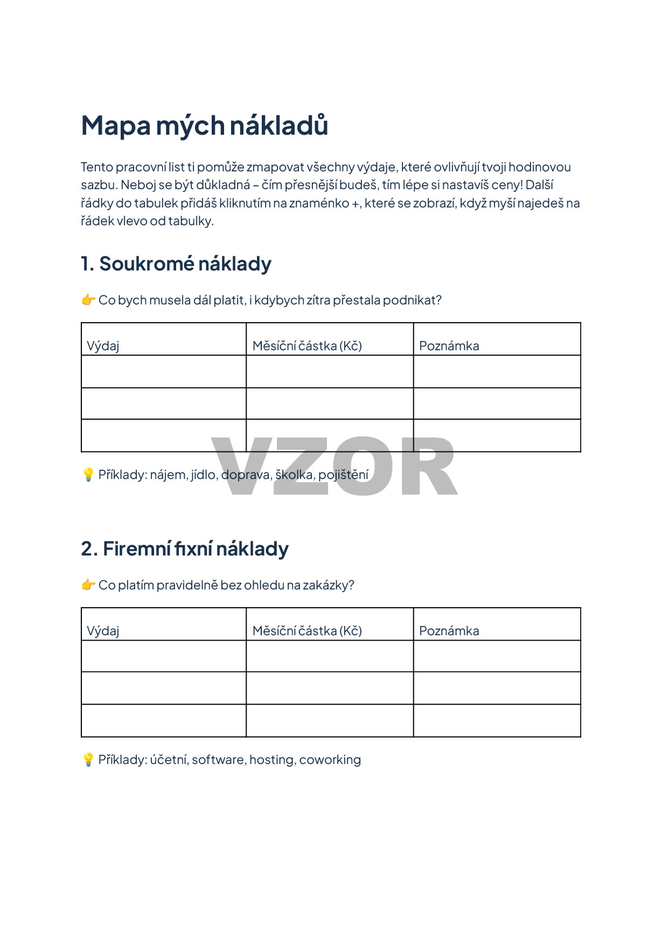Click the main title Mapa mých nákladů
pos(204,126)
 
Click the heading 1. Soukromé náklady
pos(176,264)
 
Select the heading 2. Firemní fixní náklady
pos(185,549)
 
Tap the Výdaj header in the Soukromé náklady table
pos(103,346)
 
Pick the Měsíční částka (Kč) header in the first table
pos(307,346)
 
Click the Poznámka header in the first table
pos(449,346)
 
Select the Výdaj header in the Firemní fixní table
pos(103,631)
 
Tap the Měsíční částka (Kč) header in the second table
pos(307,631)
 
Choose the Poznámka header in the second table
pos(449,631)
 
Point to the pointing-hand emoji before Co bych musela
pos(88,300)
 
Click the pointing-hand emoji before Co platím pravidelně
pos(88,585)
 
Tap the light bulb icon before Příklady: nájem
pos(88,475)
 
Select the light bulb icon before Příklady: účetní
pos(88,760)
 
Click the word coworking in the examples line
pos(330,760)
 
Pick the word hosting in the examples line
pos(271,760)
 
